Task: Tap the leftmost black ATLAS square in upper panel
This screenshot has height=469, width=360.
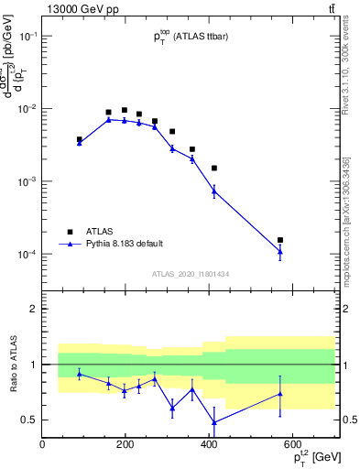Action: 80,139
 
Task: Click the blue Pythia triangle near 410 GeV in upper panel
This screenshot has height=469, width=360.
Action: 213,191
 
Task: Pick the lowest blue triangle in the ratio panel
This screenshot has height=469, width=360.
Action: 213,422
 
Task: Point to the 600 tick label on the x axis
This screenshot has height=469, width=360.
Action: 293,445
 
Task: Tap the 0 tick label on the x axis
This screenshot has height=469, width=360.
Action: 42,445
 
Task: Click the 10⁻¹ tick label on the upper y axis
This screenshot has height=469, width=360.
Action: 27,36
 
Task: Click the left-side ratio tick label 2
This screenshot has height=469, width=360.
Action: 33,309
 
